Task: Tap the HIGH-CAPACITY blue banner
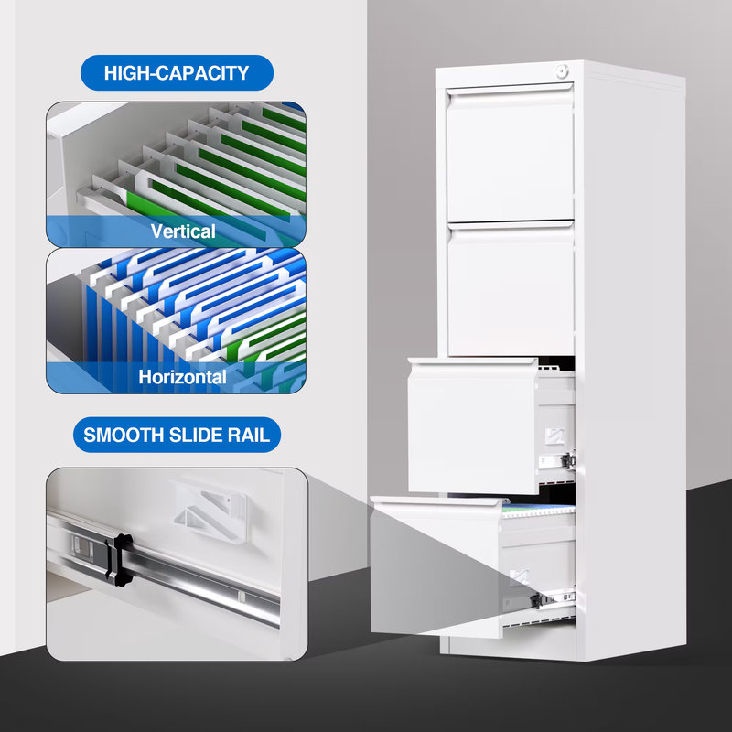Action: [177, 73]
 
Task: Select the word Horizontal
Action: [182, 376]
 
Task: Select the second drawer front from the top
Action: [510, 288]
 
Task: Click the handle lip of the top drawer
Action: [509, 90]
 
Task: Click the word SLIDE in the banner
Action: [196, 435]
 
